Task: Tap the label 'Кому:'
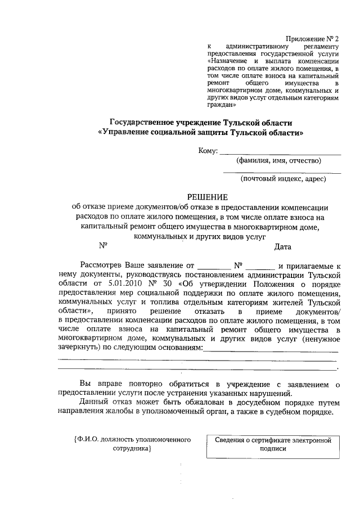208,151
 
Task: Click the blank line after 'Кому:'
280,152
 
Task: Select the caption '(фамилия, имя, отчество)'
278,161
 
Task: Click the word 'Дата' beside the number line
282,246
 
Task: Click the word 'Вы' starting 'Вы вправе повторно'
85,384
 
